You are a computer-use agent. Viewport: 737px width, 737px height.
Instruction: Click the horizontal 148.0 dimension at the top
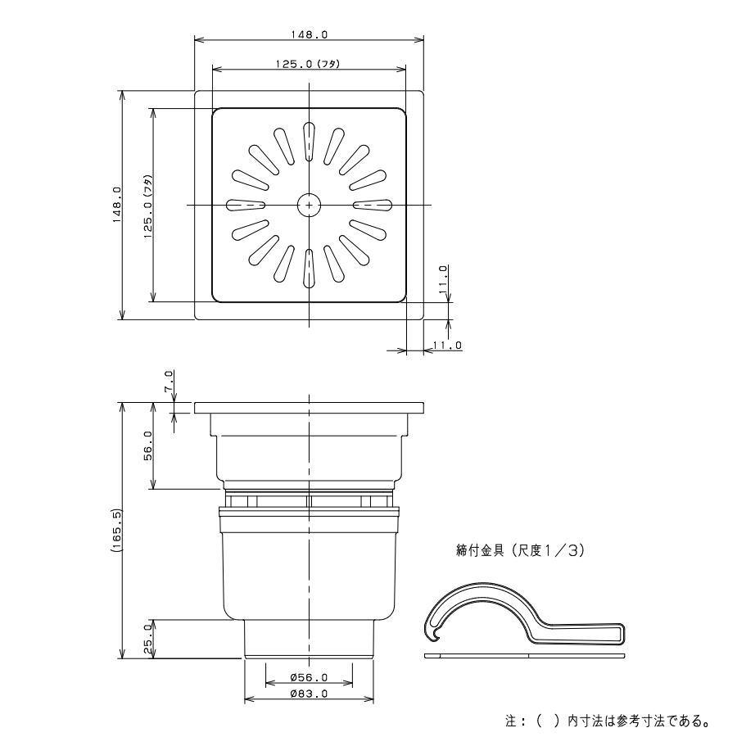click(x=309, y=34)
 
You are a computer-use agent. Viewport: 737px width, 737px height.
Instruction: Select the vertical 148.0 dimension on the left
click(x=116, y=205)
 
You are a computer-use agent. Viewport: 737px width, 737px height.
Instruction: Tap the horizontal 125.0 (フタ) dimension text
click(x=308, y=64)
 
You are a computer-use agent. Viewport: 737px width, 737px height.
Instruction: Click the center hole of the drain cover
click(x=309, y=206)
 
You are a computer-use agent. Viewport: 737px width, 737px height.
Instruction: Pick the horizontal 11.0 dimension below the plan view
click(x=447, y=346)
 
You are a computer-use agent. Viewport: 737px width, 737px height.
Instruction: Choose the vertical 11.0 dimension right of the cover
click(x=442, y=280)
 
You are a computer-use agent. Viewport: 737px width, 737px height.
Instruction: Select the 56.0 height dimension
click(x=147, y=445)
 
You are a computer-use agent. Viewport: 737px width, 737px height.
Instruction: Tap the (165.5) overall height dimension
click(x=116, y=530)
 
